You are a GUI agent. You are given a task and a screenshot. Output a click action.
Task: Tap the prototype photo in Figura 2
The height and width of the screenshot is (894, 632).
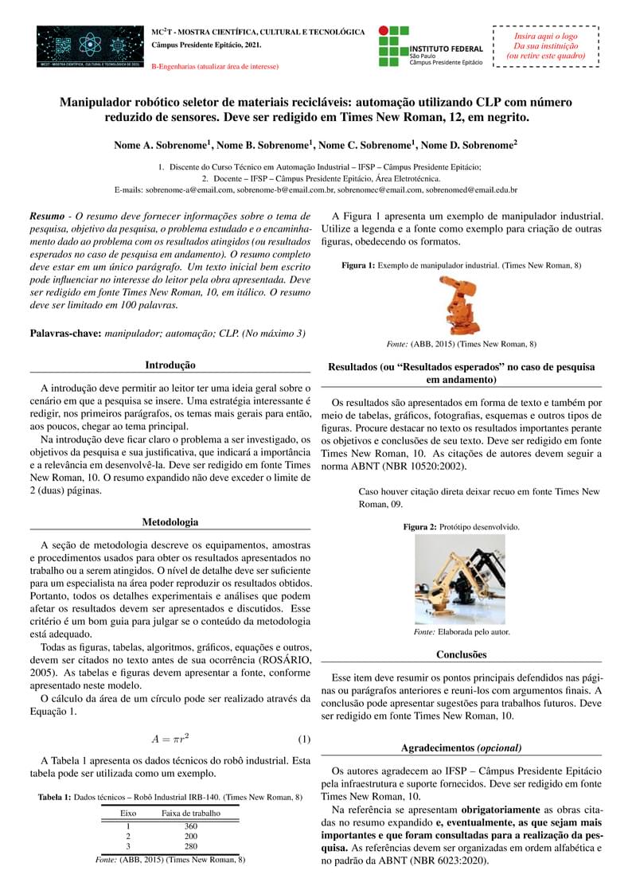(x=460, y=580)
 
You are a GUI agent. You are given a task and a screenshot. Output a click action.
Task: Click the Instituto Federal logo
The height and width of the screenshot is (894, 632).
(x=430, y=46)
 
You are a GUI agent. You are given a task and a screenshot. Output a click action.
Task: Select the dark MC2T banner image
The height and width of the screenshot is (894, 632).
(x=90, y=46)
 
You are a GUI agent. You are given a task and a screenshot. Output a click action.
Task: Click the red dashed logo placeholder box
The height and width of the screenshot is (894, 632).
(x=546, y=47)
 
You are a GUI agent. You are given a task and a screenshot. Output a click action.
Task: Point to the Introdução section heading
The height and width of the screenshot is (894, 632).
(x=170, y=365)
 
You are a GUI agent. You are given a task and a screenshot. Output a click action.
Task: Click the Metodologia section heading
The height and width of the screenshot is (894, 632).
(x=170, y=522)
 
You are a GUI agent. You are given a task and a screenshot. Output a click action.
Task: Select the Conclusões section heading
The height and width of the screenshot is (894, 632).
(x=462, y=654)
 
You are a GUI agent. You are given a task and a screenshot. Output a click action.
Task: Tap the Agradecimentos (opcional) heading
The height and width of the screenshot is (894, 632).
(x=462, y=748)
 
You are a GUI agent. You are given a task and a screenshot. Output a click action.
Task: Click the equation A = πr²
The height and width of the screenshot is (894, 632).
(x=170, y=739)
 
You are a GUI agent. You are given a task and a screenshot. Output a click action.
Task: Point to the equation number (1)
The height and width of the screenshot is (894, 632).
(x=303, y=739)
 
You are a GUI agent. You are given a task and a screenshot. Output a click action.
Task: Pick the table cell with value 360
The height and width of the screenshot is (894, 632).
(x=190, y=826)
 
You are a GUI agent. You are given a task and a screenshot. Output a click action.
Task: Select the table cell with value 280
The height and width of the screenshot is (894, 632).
(x=190, y=846)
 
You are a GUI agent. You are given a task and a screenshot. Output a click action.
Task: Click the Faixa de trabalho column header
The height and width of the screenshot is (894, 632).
(x=190, y=813)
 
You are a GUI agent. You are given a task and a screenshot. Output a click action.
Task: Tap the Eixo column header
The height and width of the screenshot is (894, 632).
(x=127, y=813)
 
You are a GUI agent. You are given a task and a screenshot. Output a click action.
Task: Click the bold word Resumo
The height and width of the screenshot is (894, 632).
(x=47, y=216)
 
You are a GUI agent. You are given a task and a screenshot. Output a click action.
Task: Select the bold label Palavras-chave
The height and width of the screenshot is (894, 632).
(x=64, y=334)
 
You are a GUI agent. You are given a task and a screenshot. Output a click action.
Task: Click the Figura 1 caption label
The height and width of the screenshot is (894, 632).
(x=357, y=265)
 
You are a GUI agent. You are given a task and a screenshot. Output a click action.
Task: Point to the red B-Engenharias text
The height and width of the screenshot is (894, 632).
(x=215, y=67)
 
